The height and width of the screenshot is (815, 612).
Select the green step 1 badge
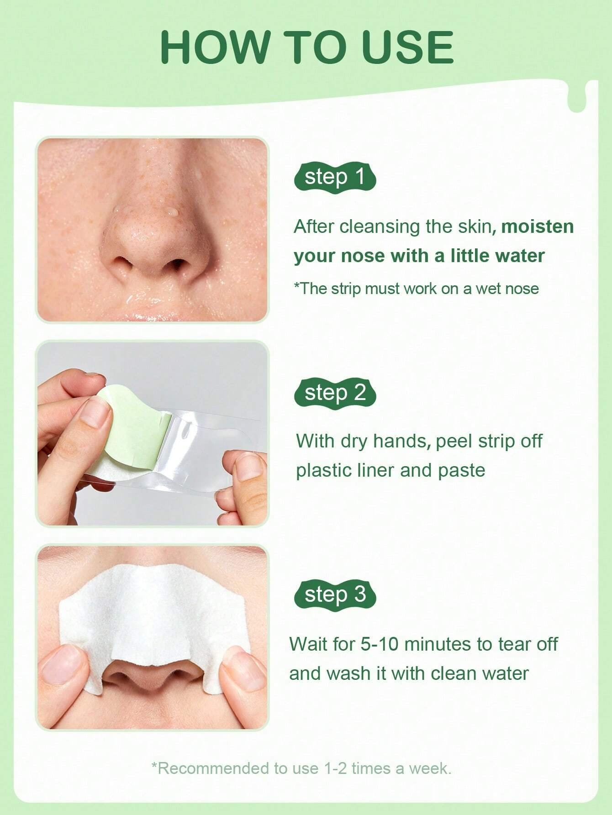click(335, 177)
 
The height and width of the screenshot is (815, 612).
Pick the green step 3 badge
click(335, 594)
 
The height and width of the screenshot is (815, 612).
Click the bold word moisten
click(537, 226)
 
